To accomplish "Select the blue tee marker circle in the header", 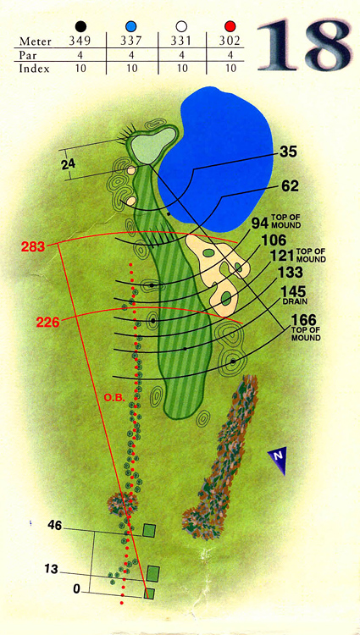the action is [131, 27].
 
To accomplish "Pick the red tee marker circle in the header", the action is [230, 27].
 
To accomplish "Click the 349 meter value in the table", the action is [82, 41].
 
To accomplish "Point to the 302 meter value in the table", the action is [230, 41].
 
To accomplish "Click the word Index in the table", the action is [34, 69].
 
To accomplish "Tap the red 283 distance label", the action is [33, 246].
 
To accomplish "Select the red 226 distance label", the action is [47, 323].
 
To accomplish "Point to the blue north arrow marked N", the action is [279, 460].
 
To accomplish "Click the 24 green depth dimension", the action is [69, 164].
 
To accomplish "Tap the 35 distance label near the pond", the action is [288, 152].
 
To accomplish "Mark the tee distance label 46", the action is [56, 526].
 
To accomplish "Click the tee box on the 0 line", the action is [150, 594].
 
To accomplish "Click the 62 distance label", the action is [289, 186].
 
